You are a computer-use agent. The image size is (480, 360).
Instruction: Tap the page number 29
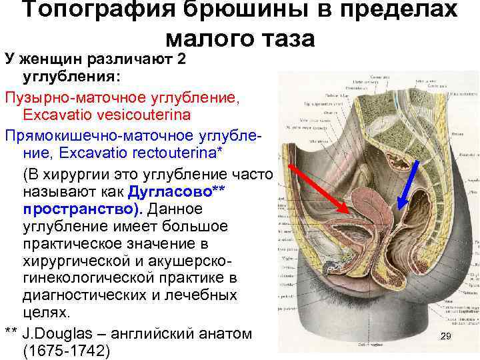(x=446, y=337)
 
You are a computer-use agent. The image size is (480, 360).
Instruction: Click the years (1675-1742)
(x=65, y=351)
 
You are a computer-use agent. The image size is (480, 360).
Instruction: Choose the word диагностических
(x=88, y=295)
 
